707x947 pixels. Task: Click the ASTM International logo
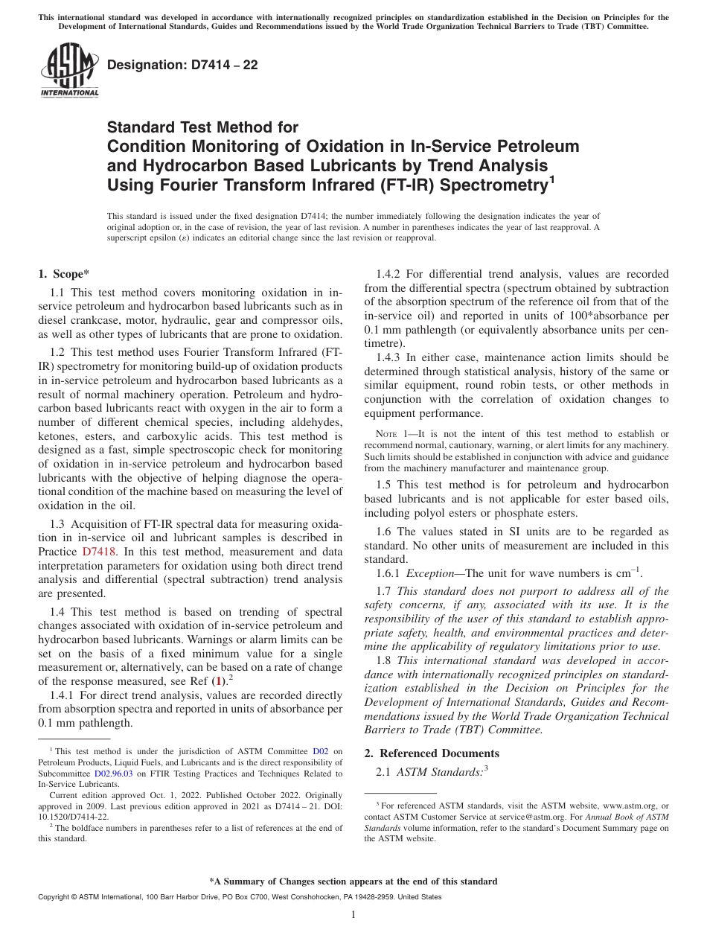pos(68,72)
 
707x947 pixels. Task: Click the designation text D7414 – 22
pos(183,65)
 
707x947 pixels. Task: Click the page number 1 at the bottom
pos(353,915)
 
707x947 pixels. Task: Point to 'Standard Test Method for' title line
pos(202,127)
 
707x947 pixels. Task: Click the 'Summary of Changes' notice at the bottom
pos(353,881)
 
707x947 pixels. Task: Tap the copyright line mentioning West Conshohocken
pos(239,897)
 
